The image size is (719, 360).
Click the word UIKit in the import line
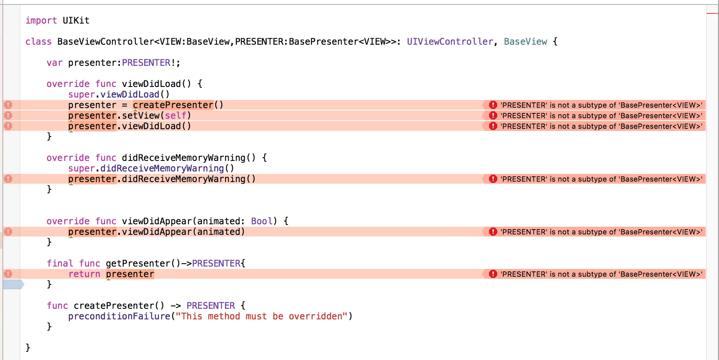point(76,20)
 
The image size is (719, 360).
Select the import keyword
point(41,20)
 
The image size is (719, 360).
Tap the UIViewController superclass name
point(450,41)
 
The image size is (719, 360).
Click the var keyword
point(54,63)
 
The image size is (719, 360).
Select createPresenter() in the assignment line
point(178,105)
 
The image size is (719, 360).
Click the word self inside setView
point(175,115)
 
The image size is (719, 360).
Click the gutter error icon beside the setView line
point(8,115)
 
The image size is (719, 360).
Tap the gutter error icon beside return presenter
point(8,274)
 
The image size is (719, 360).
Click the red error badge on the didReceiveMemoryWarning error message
point(493,179)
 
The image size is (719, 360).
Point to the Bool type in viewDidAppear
point(262,221)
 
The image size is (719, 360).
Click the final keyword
point(60,263)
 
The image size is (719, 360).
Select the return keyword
point(84,274)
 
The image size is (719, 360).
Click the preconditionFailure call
point(119,316)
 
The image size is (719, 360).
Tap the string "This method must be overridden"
point(262,316)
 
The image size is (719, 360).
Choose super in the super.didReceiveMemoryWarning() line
point(81,168)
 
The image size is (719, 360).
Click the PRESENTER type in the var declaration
point(146,63)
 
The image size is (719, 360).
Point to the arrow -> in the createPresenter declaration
point(175,306)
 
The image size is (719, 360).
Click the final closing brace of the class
point(28,347)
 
